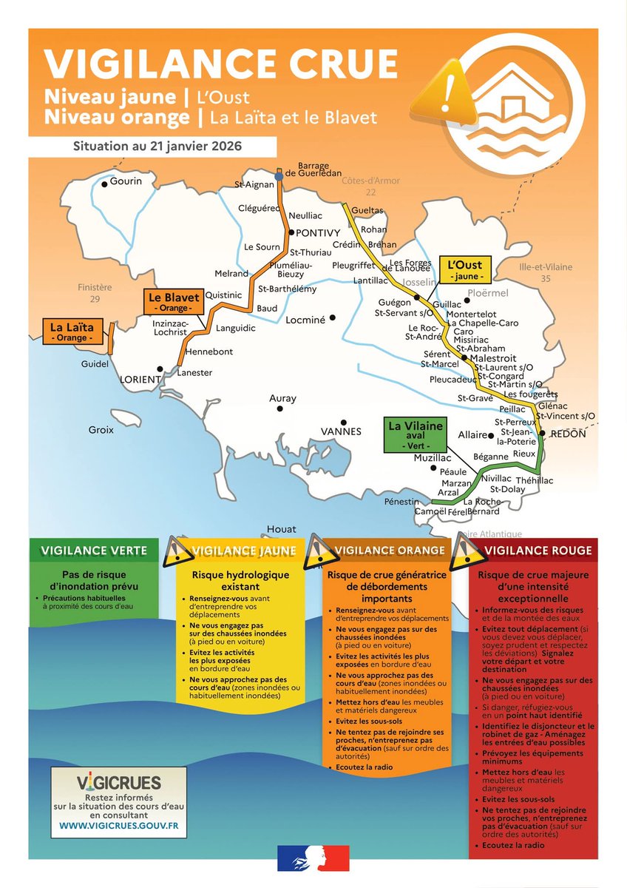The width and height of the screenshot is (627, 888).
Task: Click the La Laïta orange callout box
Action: click(72, 332)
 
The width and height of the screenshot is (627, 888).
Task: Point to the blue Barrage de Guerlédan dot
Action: click(278, 176)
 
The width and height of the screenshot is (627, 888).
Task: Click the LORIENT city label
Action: click(140, 380)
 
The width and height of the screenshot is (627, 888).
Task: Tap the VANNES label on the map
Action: click(341, 431)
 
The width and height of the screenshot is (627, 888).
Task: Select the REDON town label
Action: click(568, 434)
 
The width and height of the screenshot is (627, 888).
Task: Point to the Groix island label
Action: click(101, 430)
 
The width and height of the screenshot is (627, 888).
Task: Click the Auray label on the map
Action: click(282, 399)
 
